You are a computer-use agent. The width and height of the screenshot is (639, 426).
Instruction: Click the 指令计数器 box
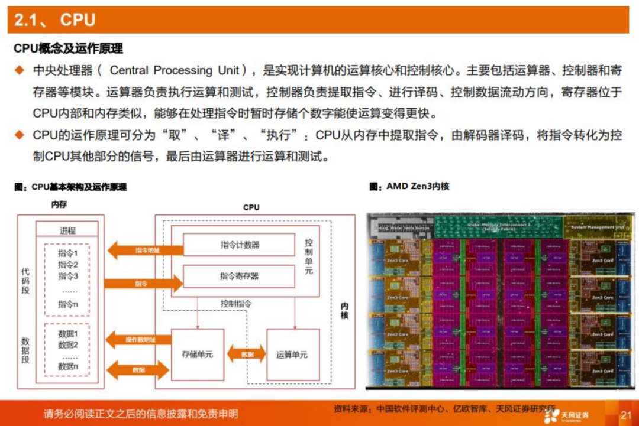pyautogui.click(x=239, y=245)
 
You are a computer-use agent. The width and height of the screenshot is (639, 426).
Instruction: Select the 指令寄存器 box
pyautogui.click(x=239, y=276)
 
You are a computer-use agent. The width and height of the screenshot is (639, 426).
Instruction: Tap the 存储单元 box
pyautogui.click(x=197, y=355)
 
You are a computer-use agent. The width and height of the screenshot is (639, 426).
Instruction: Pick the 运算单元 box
pyautogui.click(x=292, y=355)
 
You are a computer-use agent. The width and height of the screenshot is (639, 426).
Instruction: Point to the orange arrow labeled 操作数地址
pyautogui.click(x=138, y=340)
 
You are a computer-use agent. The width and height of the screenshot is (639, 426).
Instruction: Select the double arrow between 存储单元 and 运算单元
pyautogui.click(x=246, y=355)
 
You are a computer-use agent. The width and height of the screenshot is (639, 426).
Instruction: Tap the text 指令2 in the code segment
pyautogui.click(x=68, y=264)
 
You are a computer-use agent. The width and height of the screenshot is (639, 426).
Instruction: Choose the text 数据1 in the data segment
pyautogui.click(x=68, y=334)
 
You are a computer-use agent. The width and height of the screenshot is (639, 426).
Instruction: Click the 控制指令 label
pyautogui.click(x=236, y=304)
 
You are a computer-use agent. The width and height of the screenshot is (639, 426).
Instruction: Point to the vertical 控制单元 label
pyautogui.click(x=309, y=256)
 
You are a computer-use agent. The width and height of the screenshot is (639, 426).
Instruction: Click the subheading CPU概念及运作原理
pyautogui.click(x=68, y=48)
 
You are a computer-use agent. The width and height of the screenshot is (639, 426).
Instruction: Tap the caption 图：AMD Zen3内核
pyautogui.click(x=409, y=186)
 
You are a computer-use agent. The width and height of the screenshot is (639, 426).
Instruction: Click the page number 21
pyautogui.click(x=625, y=415)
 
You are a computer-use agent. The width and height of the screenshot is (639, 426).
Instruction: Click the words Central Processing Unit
pyautogui.click(x=175, y=70)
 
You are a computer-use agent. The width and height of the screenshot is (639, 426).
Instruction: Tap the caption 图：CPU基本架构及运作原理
pyautogui.click(x=70, y=187)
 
